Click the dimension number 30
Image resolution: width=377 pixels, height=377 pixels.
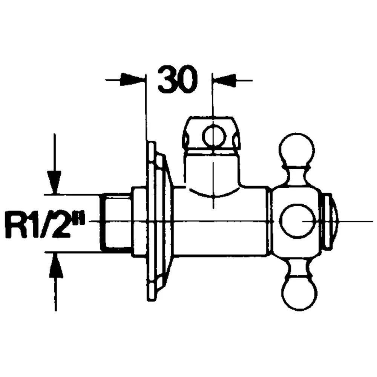pyautogui.click(x=178, y=80)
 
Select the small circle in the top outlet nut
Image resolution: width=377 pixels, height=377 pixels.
pyautogui.click(x=214, y=136)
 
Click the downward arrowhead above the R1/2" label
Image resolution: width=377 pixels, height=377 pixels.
pyautogui.click(x=54, y=182)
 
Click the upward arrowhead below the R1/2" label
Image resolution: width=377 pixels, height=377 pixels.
pyautogui.click(x=56, y=265)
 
